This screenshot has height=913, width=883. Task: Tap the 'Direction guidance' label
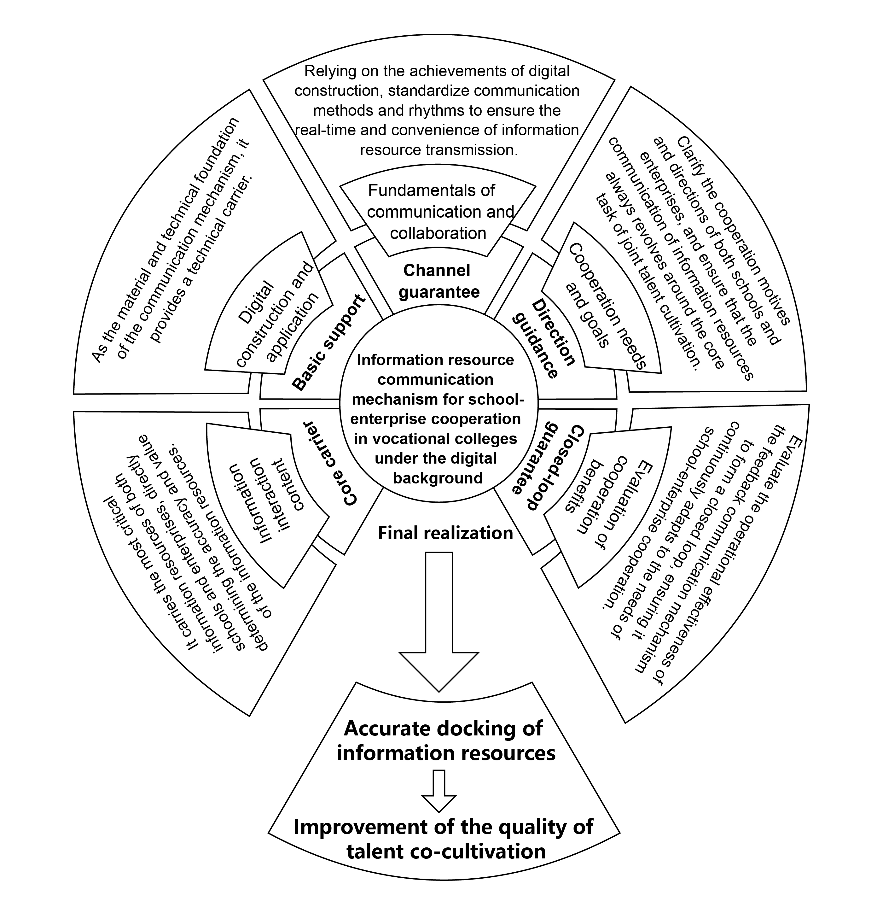[x=544, y=339]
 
